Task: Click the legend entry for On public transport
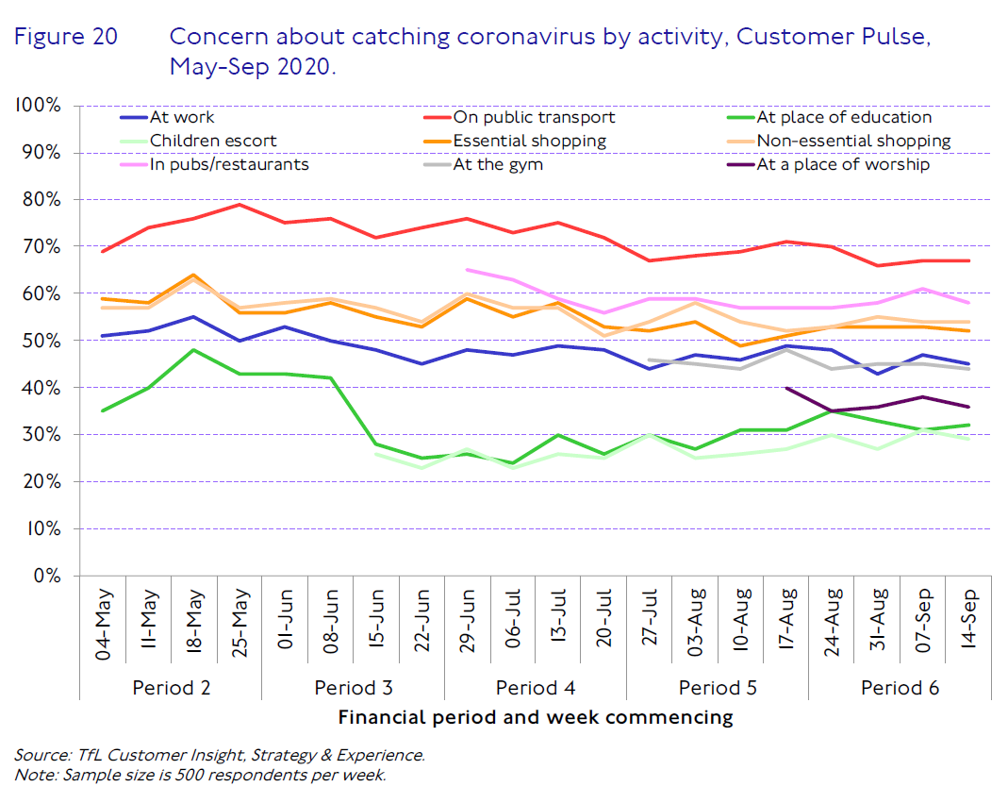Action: point(534,118)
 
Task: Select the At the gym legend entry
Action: point(498,165)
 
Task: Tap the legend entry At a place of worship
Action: point(843,165)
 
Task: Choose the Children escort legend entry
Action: point(214,142)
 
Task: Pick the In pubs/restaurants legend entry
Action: point(229,165)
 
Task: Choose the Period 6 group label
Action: point(900,687)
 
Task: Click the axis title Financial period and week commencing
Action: point(535,717)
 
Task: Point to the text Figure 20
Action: point(65,38)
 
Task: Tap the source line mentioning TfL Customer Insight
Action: point(220,755)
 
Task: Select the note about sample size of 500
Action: point(200,776)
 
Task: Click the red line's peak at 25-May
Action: point(240,204)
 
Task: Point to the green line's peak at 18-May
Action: point(193,350)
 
